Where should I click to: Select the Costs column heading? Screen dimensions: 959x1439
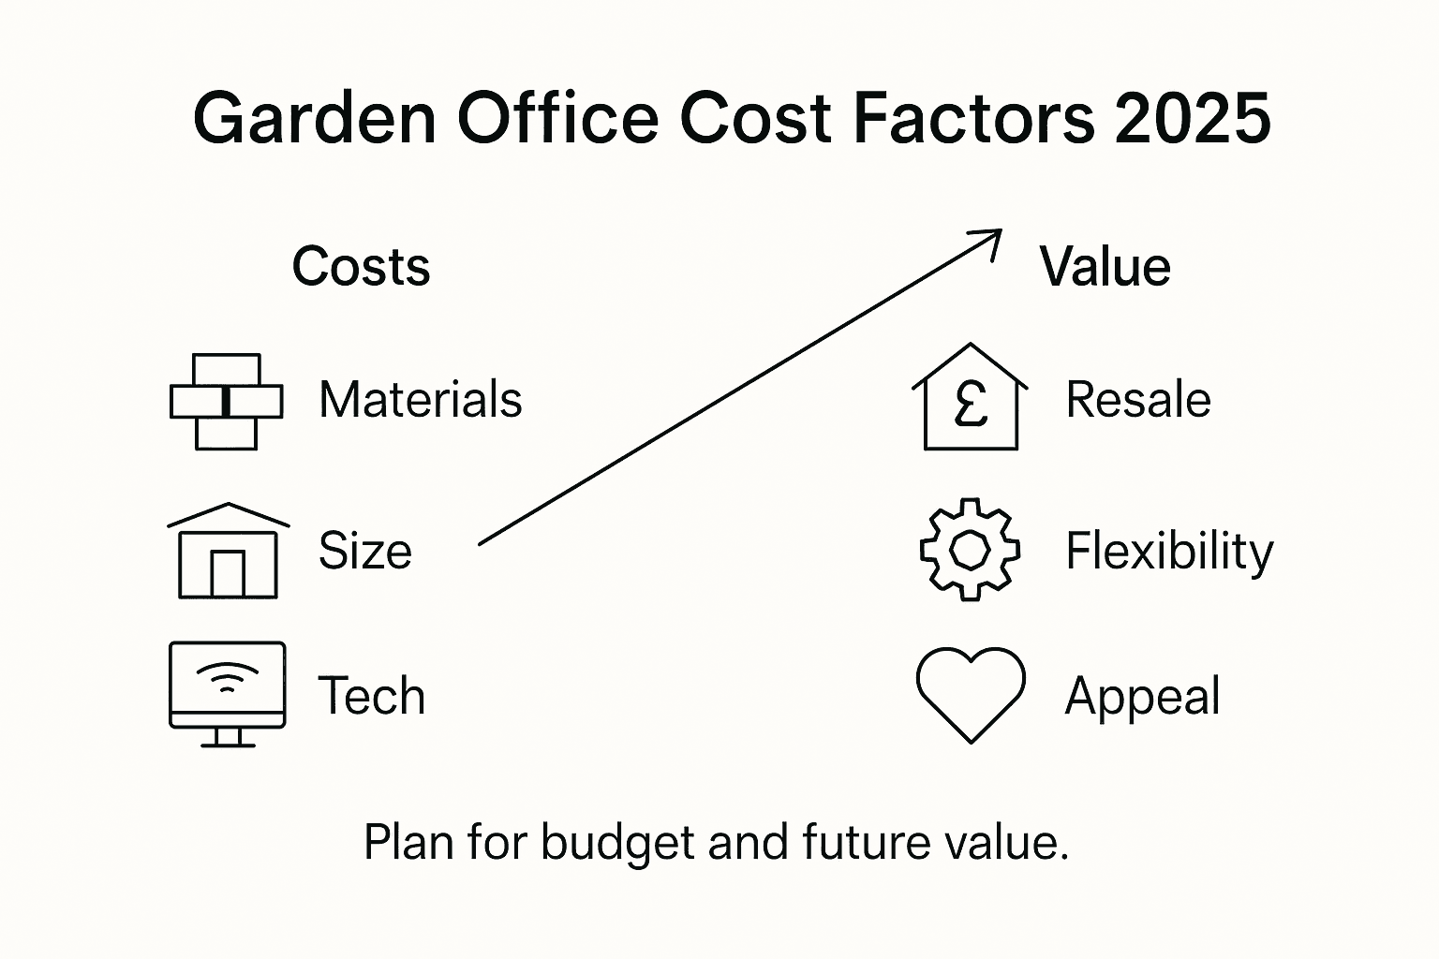point(361,267)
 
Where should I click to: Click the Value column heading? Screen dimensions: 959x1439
point(1105,267)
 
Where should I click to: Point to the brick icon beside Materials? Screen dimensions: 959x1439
point(226,402)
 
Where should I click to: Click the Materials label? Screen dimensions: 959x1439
point(420,400)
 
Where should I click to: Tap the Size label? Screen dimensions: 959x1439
point(364,551)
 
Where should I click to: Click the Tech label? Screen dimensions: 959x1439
point(371,696)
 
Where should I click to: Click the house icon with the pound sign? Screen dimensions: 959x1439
point(970,398)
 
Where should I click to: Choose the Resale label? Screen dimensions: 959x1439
point(1138,400)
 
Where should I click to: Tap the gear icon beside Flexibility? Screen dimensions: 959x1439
point(970,550)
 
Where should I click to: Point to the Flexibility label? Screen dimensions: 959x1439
point(1169,551)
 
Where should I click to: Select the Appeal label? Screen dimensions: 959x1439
point(1142,697)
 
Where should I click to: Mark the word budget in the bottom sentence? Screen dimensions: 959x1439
point(617,842)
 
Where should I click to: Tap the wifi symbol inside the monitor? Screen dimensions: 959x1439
point(227,677)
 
